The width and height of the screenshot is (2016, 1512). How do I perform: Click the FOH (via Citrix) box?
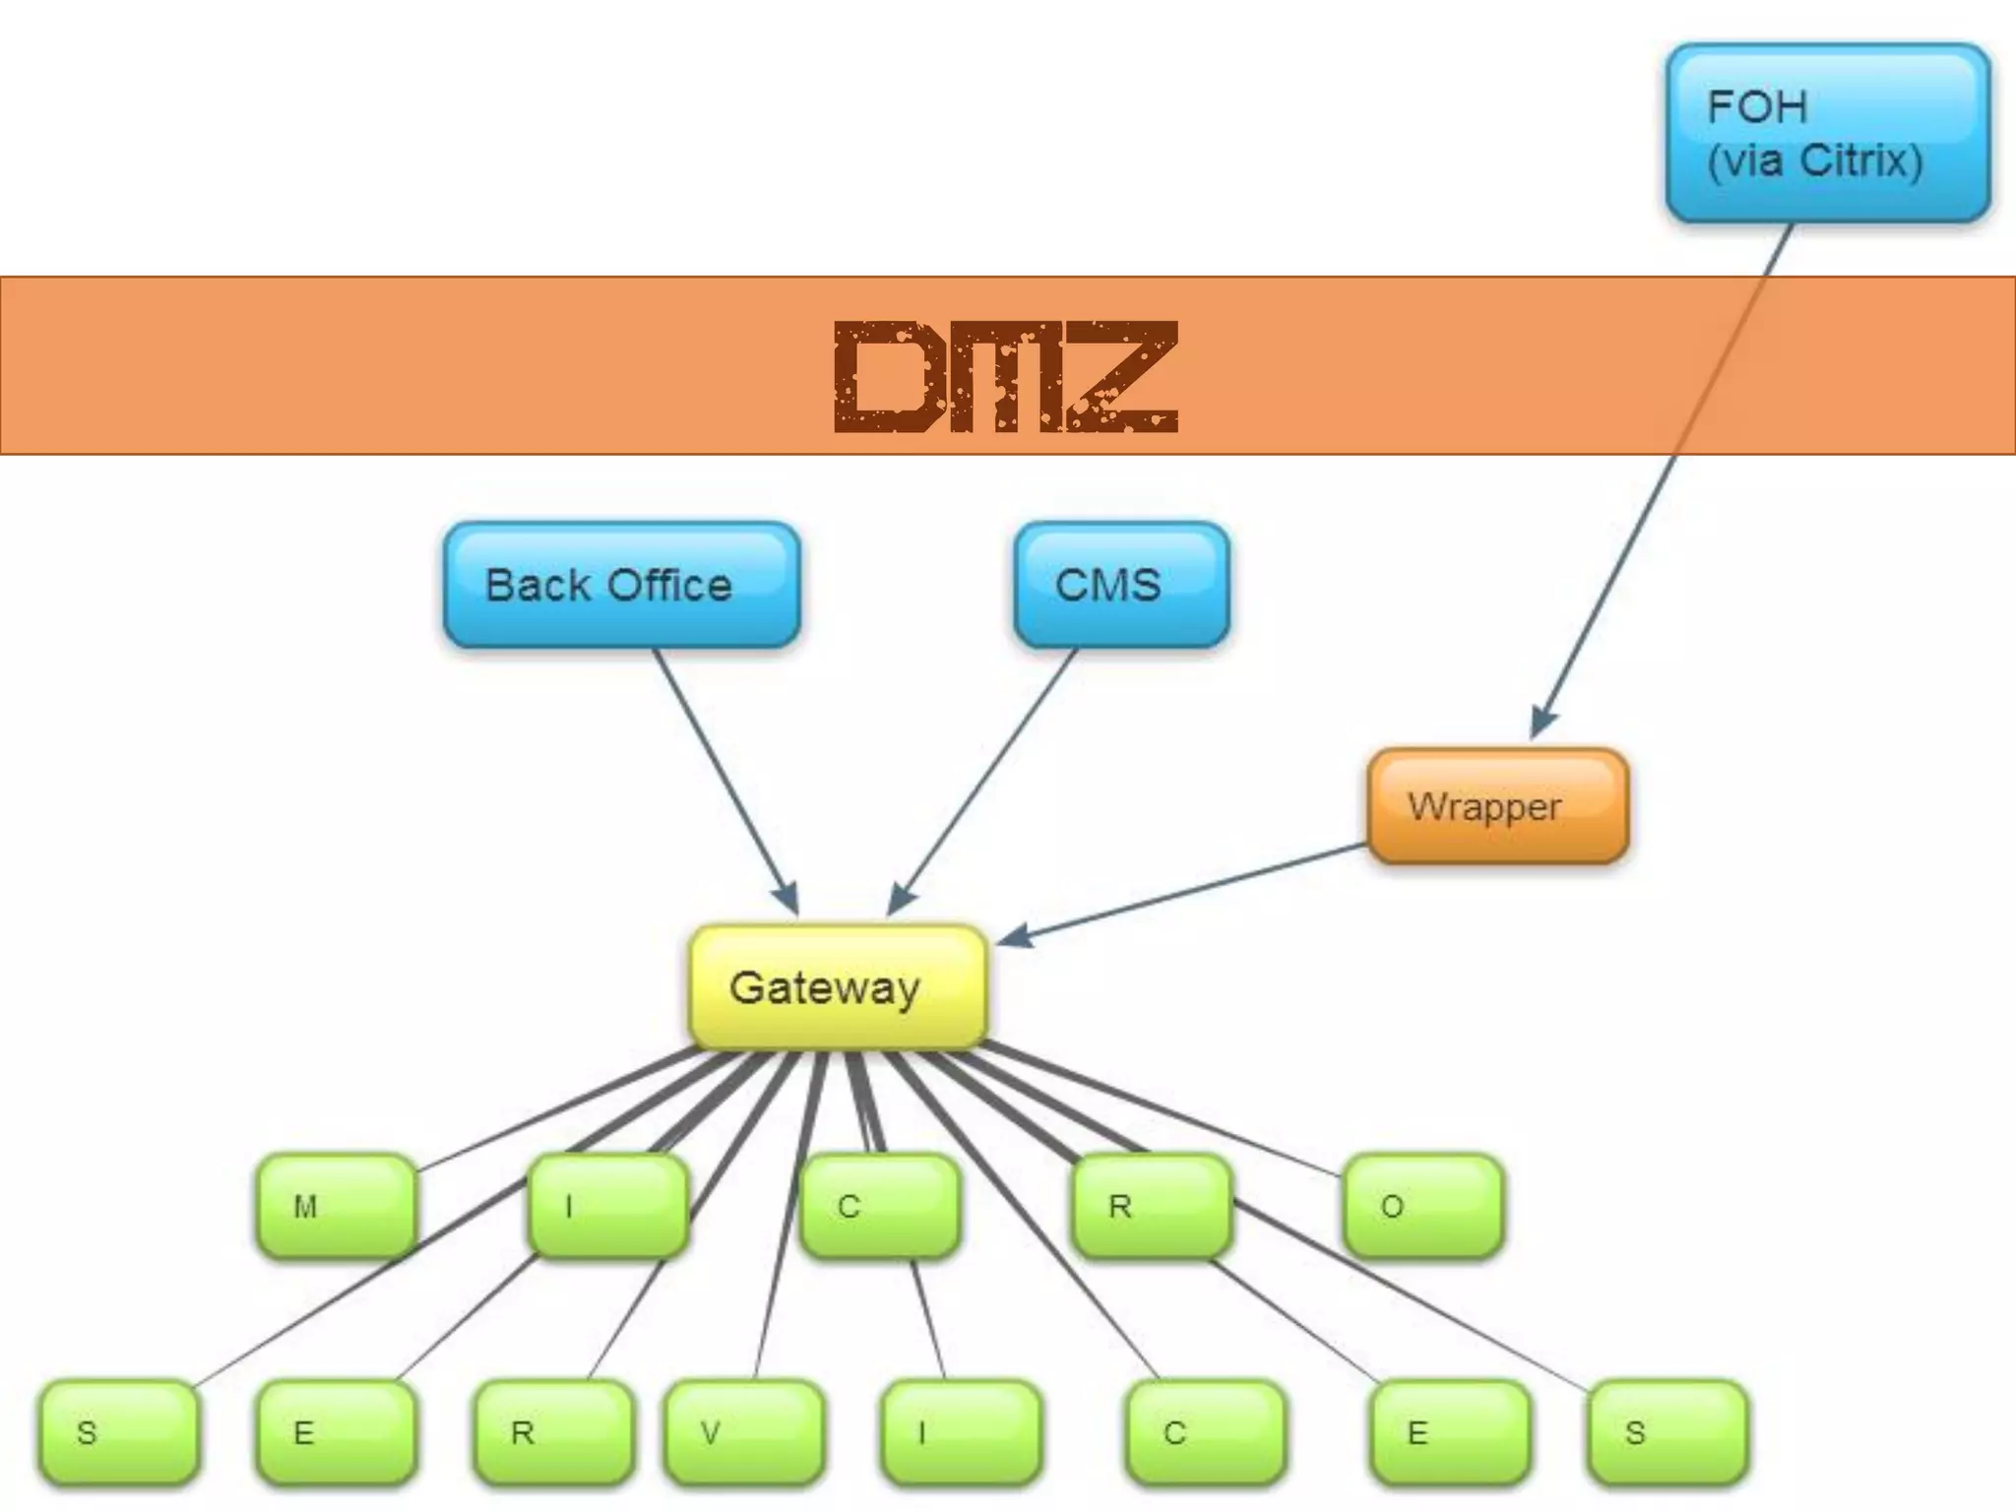(x=1828, y=133)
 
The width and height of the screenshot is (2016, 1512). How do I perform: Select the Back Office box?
(x=621, y=585)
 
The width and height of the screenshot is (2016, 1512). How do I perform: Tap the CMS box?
(x=1121, y=585)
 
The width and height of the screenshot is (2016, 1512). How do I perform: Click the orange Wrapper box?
(x=1497, y=806)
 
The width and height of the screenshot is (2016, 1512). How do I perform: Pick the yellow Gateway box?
(x=838, y=986)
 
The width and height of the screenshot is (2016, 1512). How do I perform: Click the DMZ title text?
(x=1006, y=377)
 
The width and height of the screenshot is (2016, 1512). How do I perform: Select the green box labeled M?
(x=336, y=1206)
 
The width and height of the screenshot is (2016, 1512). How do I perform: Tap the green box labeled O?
(x=1423, y=1206)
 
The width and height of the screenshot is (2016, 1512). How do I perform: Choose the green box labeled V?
(x=744, y=1432)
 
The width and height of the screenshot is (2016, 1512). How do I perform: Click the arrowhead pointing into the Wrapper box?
(x=1542, y=724)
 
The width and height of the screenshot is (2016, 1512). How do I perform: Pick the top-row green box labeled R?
(x=1151, y=1206)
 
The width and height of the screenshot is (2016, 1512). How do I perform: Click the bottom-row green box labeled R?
(x=552, y=1432)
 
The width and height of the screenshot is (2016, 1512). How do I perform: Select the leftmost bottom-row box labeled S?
(x=118, y=1432)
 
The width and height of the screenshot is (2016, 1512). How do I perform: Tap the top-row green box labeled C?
(x=879, y=1206)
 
